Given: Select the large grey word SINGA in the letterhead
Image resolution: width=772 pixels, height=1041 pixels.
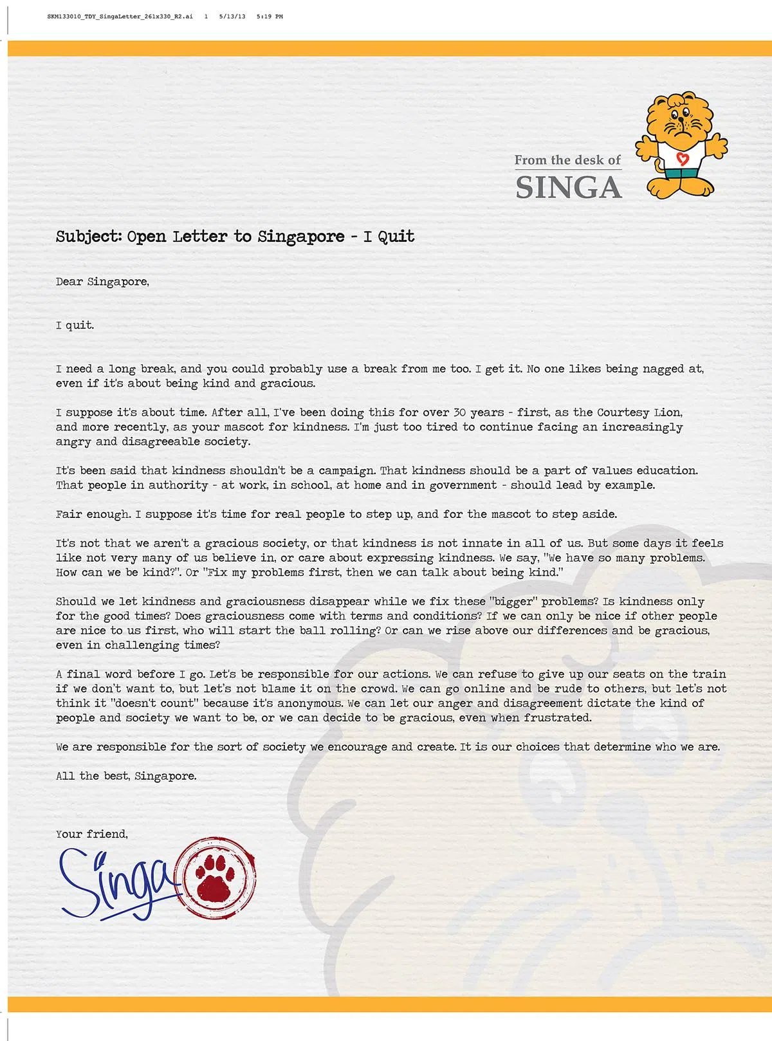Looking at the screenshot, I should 569,187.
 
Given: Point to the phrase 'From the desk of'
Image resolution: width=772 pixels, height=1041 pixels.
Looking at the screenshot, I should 567,160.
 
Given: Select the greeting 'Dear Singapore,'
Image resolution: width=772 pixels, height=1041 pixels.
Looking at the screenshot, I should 102,282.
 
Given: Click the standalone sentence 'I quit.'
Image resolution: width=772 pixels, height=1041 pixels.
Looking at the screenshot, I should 75,325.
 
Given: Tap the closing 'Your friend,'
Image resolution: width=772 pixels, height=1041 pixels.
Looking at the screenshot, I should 91,834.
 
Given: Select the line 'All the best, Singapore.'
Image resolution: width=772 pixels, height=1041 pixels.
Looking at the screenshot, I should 126,776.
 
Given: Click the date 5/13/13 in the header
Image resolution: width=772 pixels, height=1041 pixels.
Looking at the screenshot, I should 232,17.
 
